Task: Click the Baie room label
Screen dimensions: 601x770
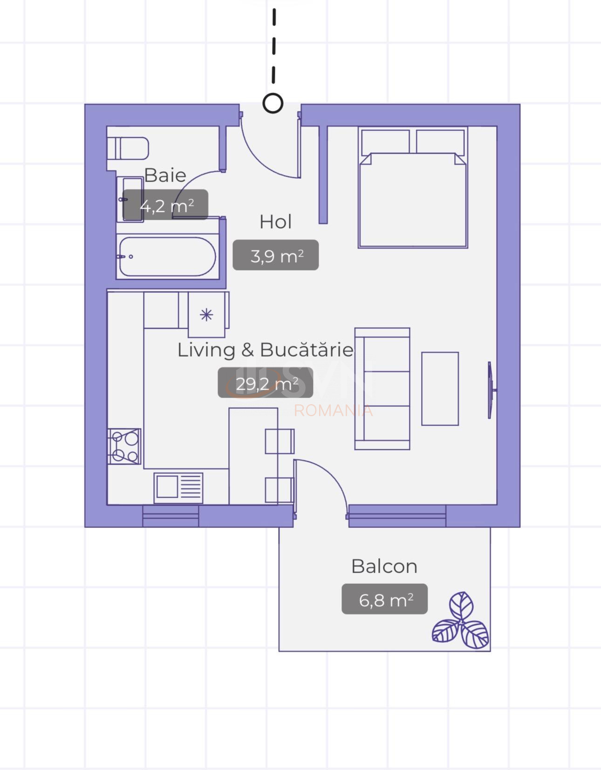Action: click(165, 175)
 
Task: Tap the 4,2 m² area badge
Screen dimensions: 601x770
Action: click(165, 205)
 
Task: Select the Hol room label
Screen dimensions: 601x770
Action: click(275, 222)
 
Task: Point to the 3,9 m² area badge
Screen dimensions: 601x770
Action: click(275, 255)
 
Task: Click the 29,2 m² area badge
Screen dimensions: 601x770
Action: click(265, 383)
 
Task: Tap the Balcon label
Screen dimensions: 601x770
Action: click(384, 566)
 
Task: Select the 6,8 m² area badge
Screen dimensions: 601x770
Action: click(385, 599)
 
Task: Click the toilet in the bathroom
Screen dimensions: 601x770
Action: click(128, 149)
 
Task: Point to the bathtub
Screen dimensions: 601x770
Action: click(167, 257)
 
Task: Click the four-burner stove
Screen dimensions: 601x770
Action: click(124, 446)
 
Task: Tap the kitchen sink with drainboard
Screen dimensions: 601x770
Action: click(178, 488)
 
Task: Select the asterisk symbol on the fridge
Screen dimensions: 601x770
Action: click(206, 315)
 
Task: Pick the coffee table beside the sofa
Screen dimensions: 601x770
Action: click(440, 389)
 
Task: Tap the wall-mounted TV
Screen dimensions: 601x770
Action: click(491, 390)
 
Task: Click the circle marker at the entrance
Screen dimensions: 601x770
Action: click(273, 103)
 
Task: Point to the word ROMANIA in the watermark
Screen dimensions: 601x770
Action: click(333, 411)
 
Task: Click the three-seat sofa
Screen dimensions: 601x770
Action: click(382, 389)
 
